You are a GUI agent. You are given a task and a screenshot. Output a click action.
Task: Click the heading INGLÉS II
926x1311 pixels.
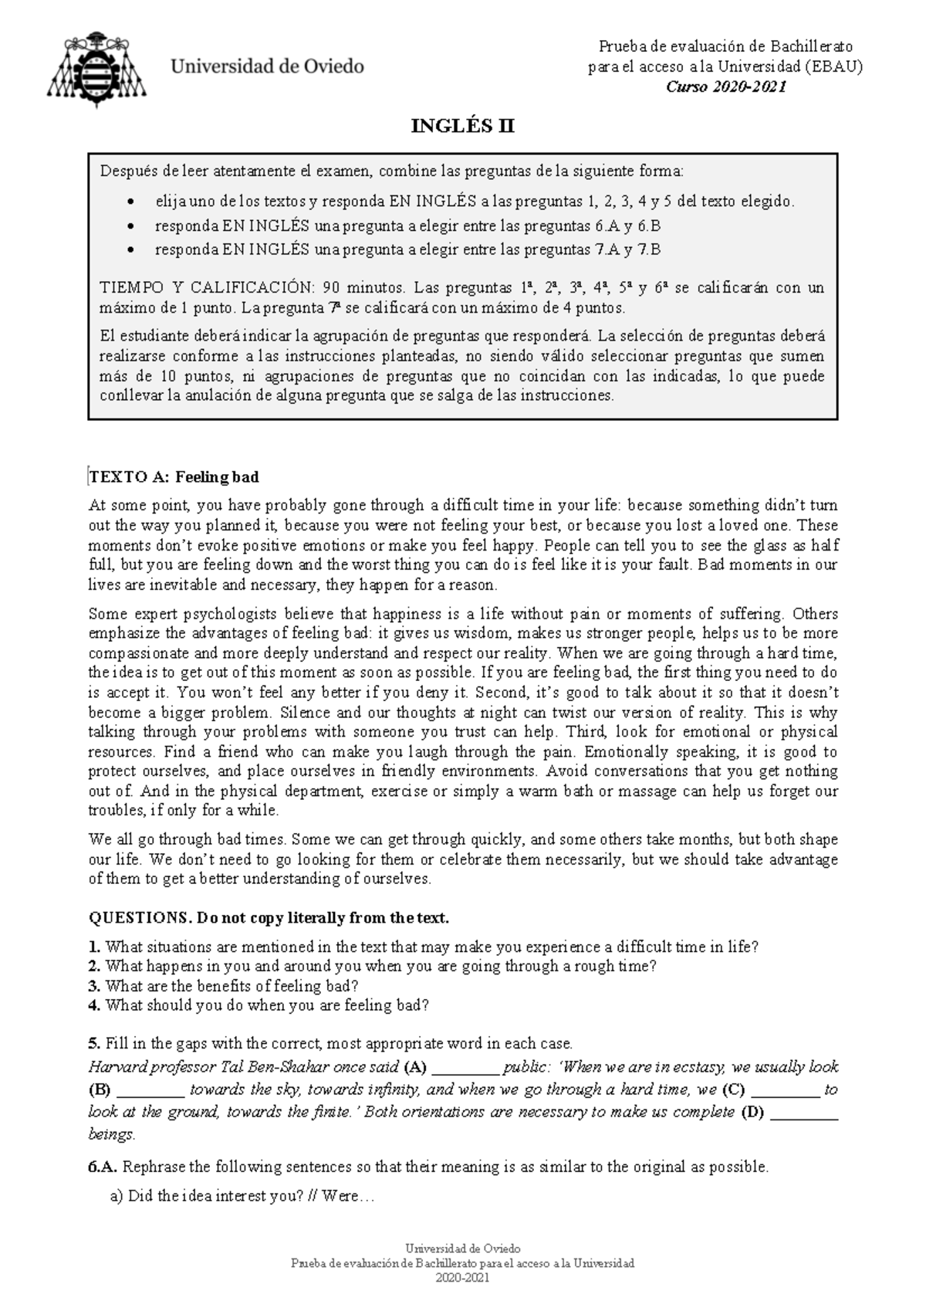coord(463,127)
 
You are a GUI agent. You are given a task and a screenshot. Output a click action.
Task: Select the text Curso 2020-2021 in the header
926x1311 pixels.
coord(725,87)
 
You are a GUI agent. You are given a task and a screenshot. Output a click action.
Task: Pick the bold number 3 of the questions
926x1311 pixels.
coord(94,986)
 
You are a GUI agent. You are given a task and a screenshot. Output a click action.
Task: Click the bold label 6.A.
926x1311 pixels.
coord(103,1167)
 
